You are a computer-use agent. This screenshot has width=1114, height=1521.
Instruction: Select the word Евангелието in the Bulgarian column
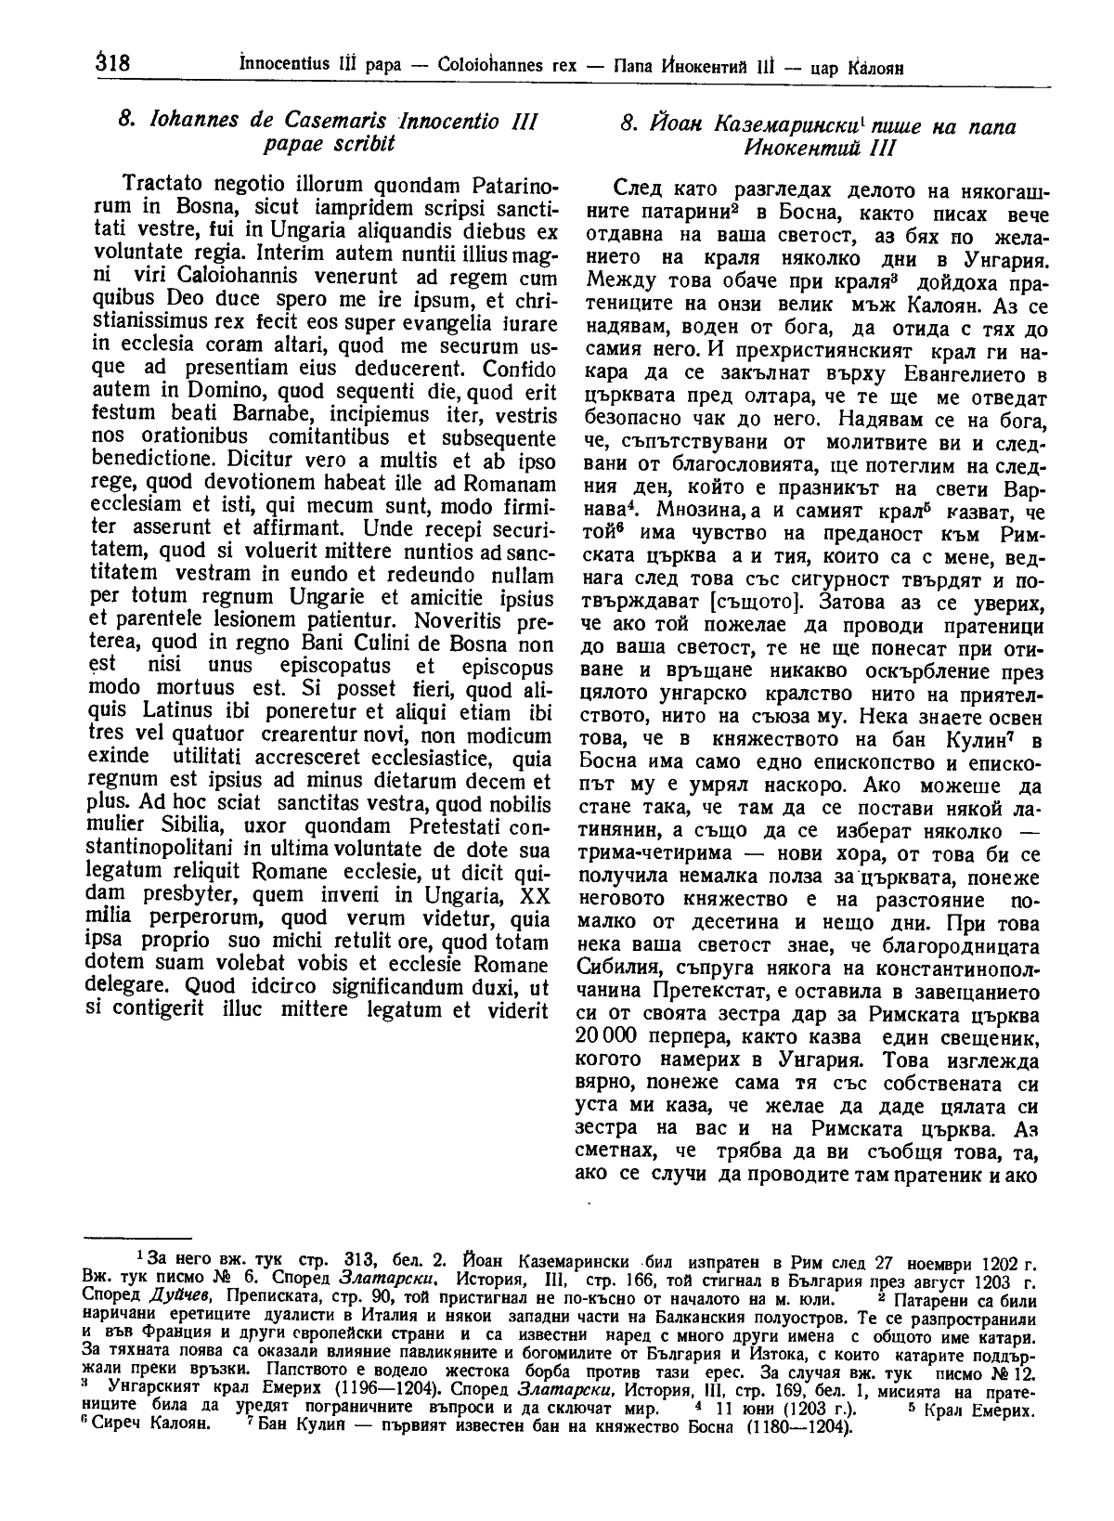pos(966,375)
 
